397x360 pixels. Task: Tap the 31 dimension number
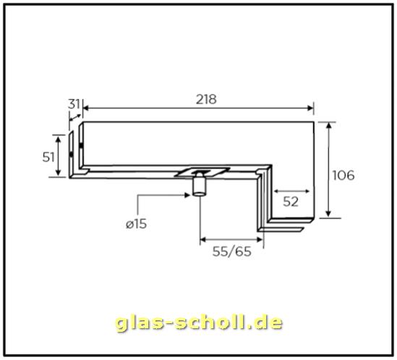tap(73, 104)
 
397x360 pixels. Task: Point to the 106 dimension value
tap(342, 175)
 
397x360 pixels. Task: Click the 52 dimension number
tap(291, 202)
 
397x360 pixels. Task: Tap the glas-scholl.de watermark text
tap(199, 322)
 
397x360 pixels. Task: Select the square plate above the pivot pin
tap(204, 172)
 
